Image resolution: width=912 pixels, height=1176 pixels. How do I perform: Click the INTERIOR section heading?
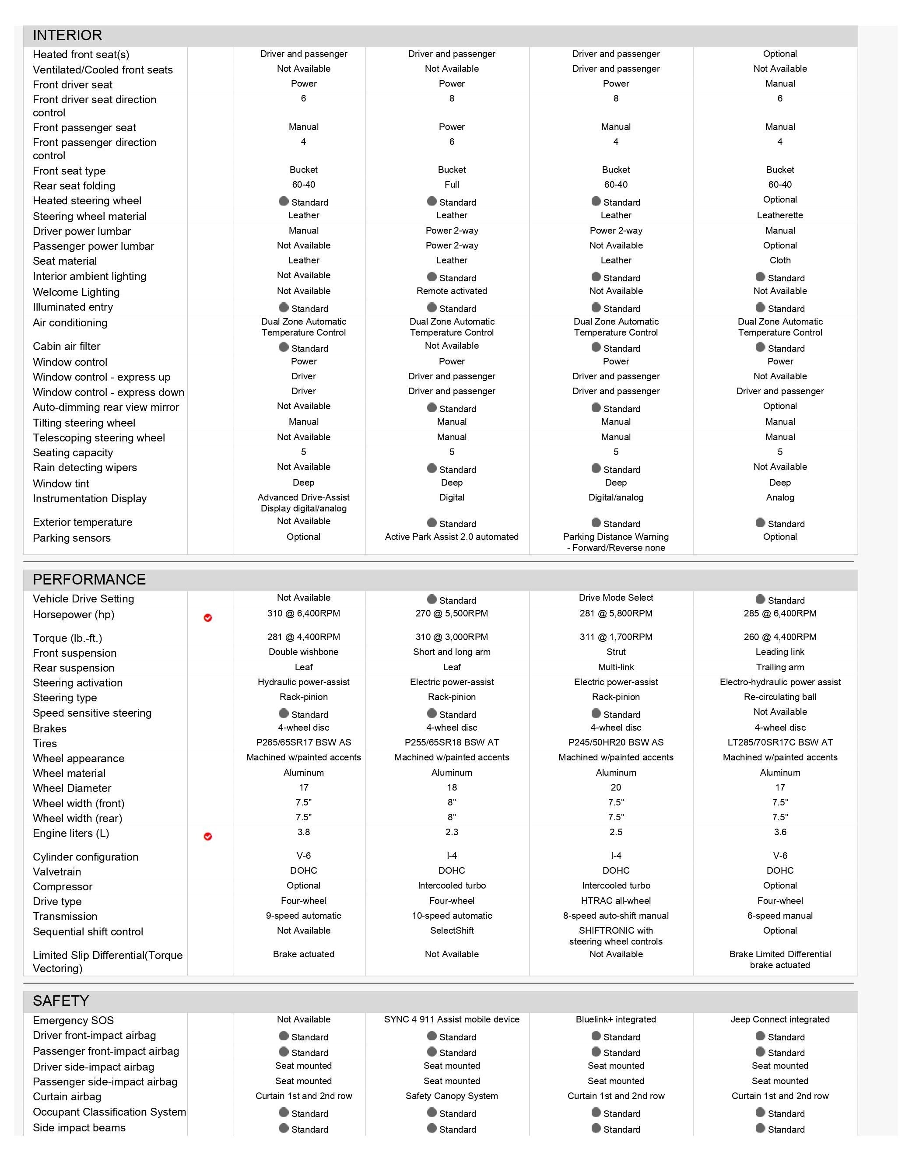[x=67, y=35]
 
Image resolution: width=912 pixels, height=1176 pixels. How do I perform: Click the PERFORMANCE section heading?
[x=89, y=579]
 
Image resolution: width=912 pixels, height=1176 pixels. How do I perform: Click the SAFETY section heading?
[x=60, y=1001]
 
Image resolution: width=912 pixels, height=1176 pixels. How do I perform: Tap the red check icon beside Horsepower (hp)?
[x=208, y=618]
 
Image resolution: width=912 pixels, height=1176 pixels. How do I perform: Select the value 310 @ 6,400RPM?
[x=303, y=613]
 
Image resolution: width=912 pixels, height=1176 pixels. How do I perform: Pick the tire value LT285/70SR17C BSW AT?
[x=779, y=742]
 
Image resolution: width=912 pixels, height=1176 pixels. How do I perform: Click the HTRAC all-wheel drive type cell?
[x=616, y=901]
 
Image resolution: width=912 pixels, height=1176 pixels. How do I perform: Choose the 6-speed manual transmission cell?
[x=779, y=916]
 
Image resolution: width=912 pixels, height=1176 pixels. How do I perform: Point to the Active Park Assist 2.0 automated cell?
[x=452, y=537]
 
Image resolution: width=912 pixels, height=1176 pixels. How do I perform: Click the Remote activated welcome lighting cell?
[x=452, y=291]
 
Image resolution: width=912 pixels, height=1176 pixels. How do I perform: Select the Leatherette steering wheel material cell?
[x=779, y=215]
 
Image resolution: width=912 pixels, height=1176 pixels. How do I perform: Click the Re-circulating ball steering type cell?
[x=779, y=697]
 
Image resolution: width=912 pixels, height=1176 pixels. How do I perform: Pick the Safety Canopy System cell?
[x=452, y=1096]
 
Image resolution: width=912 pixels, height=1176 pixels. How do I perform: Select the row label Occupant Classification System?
[x=109, y=1113]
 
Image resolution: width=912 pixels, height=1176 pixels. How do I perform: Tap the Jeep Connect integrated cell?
[x=779, y=1020]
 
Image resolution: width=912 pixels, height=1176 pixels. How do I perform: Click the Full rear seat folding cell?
[x=452, y=185]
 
